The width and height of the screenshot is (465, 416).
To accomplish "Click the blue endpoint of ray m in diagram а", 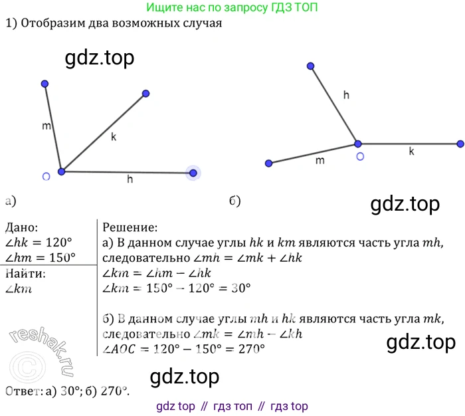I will [45, 84].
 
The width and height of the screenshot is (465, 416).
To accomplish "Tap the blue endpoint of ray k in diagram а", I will [146, 94].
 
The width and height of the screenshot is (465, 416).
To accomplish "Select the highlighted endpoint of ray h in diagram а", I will [193, 173].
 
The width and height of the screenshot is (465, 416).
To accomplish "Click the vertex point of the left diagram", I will [61, 171].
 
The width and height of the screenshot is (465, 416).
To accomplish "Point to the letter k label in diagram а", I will [114, 137].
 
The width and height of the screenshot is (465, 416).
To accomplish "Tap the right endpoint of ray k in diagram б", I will [460, 144].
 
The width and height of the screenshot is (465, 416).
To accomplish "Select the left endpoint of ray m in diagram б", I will [268, 163].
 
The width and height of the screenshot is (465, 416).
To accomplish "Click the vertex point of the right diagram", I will [357, 144].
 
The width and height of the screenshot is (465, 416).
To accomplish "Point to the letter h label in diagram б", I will [346, 95].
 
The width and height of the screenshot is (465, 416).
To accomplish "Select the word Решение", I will [130, 227].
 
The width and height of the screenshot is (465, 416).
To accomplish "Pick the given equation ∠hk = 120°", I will [39, 243].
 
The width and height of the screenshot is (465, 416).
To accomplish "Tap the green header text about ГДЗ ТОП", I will [232, 8].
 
